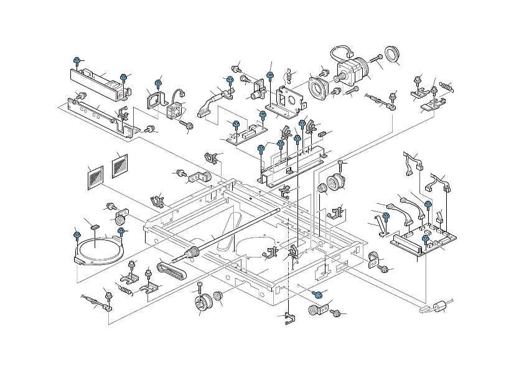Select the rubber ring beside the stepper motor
pos(392,55)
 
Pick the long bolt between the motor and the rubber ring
pos(377,59)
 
